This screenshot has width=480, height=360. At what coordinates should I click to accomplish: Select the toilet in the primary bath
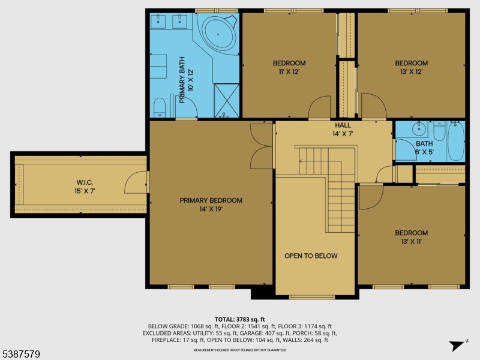160,107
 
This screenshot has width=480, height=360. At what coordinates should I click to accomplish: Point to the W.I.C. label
84,183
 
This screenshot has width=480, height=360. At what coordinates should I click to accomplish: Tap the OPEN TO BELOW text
311,256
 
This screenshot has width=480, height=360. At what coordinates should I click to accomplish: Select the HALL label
343,125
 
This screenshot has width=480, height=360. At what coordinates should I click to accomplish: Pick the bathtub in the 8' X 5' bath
456,141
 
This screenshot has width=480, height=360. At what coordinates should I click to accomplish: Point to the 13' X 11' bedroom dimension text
411,242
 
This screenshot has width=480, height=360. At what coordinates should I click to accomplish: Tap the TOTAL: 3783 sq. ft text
240,319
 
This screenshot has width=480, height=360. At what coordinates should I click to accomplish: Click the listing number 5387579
21,355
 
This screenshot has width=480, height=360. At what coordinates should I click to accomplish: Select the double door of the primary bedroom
262,146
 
